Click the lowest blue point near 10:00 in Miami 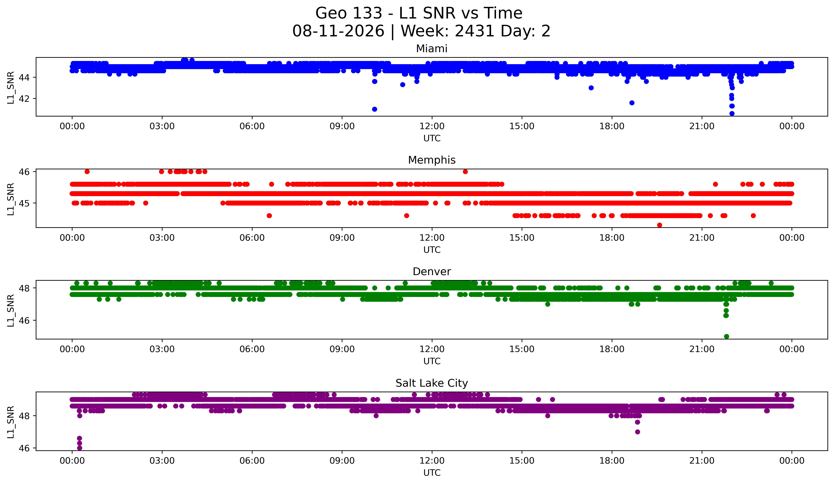pos(374,109)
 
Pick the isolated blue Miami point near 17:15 pos(591,88)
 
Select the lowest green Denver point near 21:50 pos(726,336)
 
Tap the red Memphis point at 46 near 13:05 pos(465,171)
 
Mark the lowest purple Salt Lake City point pos(79,448)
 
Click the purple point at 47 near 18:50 pos(637,432)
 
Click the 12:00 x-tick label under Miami pos(432,126)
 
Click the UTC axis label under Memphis pos(432,250)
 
